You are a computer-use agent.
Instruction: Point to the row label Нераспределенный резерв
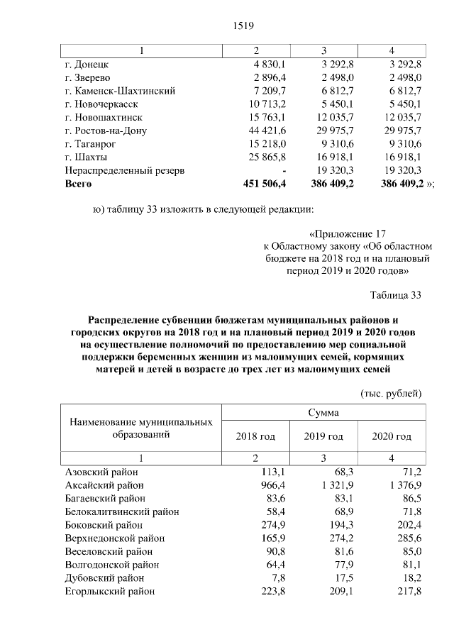(x=125, y=170)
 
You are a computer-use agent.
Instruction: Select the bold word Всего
(x=79, y=183)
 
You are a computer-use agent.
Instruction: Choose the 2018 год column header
(x=255, y=436)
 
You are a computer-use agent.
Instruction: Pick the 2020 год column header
(x=392, y=436)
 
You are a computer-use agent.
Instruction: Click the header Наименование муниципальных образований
(x=140, y=428)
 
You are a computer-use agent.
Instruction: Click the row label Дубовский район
(x=104, y=577)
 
